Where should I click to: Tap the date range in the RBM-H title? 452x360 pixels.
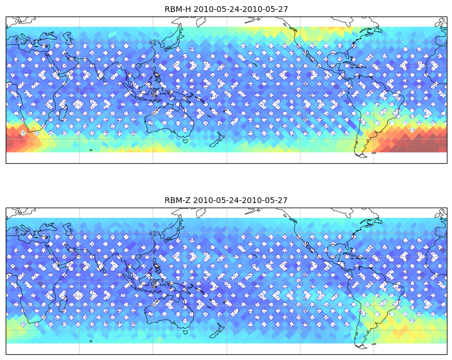pos(240,9)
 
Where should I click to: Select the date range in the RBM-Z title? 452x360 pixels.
pos(240,200)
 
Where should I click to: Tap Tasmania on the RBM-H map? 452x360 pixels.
pos(186,140)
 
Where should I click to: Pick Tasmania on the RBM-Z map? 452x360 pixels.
pos(186,332)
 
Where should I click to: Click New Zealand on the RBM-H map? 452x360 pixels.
pos(217,140)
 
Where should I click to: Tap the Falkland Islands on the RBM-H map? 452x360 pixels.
pos(374,153)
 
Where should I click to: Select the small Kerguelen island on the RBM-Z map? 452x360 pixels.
pos(91,341)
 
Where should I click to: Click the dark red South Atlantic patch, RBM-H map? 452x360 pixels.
pos(415,141)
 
